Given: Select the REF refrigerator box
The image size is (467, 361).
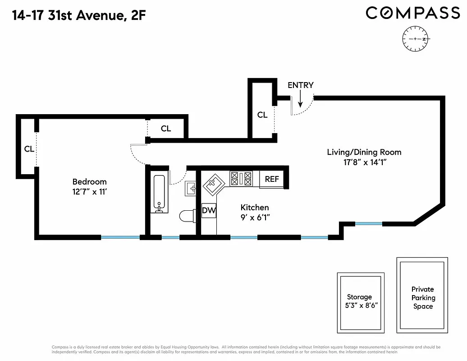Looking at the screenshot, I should pyautogui.click(x=272, y=179).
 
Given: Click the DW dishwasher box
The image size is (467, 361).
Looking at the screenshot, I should pyautogui.click(x=208, y=210).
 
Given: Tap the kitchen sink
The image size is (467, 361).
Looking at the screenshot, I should pyautogui.click(x=213, y=184).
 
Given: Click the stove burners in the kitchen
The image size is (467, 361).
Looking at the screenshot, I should pyautogui.click(x=241, y=179).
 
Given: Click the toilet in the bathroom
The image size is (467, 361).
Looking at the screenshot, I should pyautogui.click(x=187, y=216).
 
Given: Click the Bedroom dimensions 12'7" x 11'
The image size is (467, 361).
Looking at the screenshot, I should pyautogui.click(x=89, y=191).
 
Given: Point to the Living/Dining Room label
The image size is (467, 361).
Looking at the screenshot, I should pyautogui.click(x=364, y=152).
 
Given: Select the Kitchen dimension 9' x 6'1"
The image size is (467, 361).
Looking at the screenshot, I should pyautogui.click(x=255, y=217).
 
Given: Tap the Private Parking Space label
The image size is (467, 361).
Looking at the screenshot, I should pyautogui.click(x=422, y=298).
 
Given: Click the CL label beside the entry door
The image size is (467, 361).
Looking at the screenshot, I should pyautogui.click(x=262, y=115).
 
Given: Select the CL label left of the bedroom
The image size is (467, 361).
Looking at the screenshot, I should pyautogui.click(x=29, y=149).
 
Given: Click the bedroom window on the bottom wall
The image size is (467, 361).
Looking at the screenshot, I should pyautogui.click(x=120, y=237).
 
